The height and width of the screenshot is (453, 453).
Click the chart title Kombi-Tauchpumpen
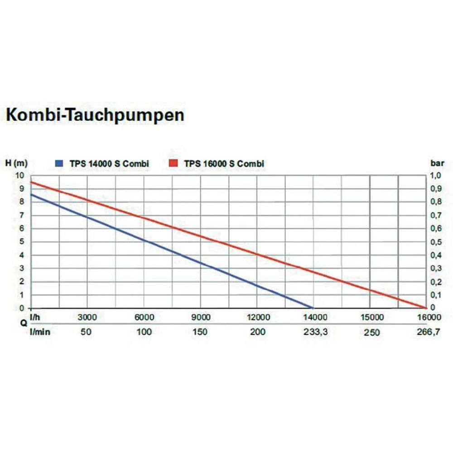click(x=95, y=115)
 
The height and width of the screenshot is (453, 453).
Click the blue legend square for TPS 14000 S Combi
click(x=59, y=164)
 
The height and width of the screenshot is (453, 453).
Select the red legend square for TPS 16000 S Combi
click(x=173, y=164)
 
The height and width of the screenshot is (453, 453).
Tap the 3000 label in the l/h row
click(x=87, y=317)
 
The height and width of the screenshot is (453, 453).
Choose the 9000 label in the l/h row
click(x=201, y=317)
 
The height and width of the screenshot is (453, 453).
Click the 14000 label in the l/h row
click(x=314, y=317)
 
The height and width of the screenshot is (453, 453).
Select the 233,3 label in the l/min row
click(x=314, y=332)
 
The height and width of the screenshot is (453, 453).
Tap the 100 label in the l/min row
click(x=144, y=332)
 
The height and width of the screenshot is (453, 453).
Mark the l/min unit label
click(x=40, y=332)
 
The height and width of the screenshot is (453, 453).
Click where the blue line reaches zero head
click(x=313, y=308)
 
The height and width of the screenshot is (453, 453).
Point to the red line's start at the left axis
click(x=31, y=182)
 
